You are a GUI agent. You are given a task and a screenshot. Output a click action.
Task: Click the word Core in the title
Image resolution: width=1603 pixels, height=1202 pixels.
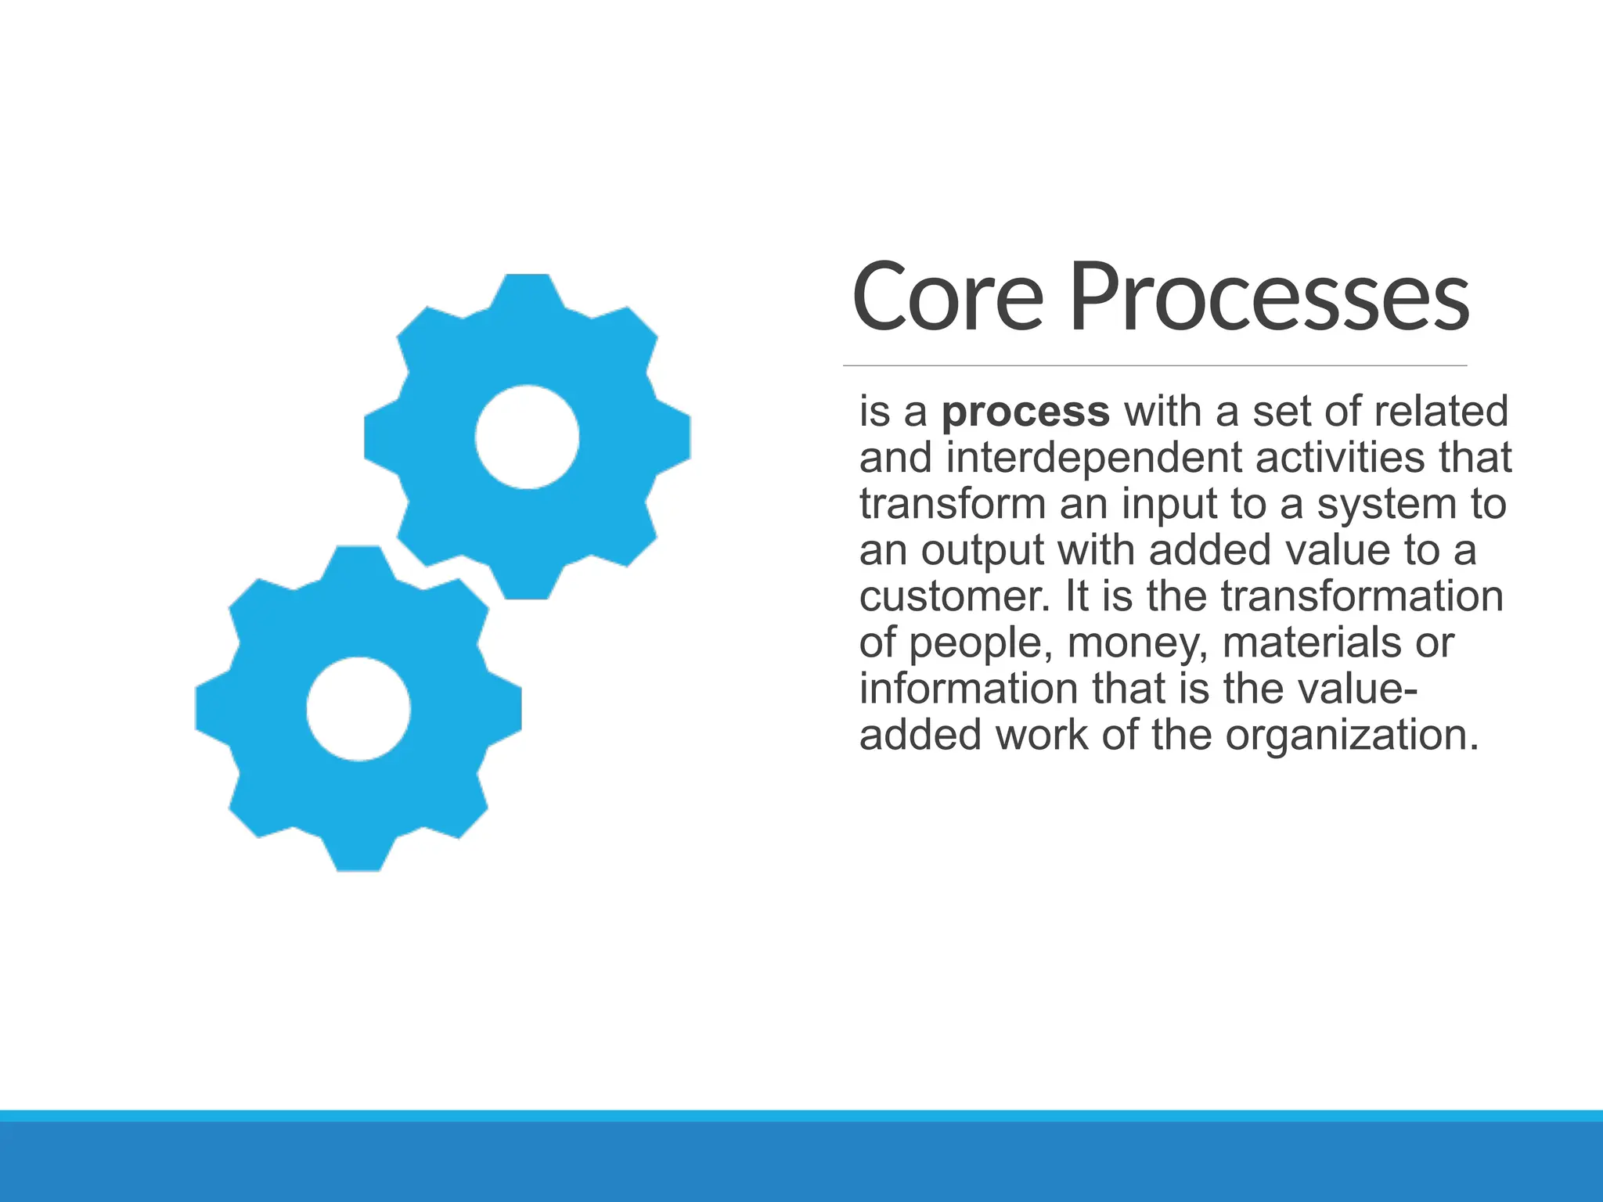pyautogui.click(x=948, y=298)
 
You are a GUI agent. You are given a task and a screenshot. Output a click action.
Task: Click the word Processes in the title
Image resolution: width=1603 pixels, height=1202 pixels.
pyautogui.click(x=1269, y=298)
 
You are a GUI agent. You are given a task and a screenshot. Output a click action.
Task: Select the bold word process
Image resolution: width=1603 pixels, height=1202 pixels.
pyautogui.click(x=1025, y=412)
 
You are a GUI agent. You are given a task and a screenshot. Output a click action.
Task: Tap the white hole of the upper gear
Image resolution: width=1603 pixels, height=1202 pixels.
pyautogui.click(x=527, y=437)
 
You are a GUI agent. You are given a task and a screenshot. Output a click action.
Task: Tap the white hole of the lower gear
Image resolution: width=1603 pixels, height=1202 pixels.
pyautogui.click(x=358, y=708)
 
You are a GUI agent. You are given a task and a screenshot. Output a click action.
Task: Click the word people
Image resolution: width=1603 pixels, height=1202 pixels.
pyautogui.click(x=975, y=643)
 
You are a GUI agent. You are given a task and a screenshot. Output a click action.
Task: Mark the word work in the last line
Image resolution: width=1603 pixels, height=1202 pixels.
pyautogui.click(x=1041, y=736)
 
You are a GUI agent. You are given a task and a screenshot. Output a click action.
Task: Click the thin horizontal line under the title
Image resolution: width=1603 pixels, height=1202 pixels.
pyautogui.click(x=1155, y=365)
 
